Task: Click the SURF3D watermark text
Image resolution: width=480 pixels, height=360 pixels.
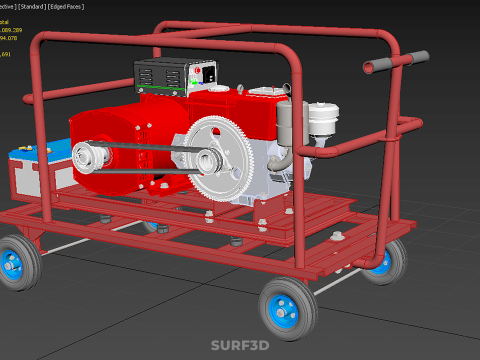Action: (240, 346)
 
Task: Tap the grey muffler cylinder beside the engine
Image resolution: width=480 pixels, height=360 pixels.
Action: (284, 125)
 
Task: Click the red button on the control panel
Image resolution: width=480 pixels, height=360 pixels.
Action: (211, 72)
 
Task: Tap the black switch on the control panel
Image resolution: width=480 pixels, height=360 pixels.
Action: (200, 72)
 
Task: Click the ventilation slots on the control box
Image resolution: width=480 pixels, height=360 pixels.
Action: (160, 76)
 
